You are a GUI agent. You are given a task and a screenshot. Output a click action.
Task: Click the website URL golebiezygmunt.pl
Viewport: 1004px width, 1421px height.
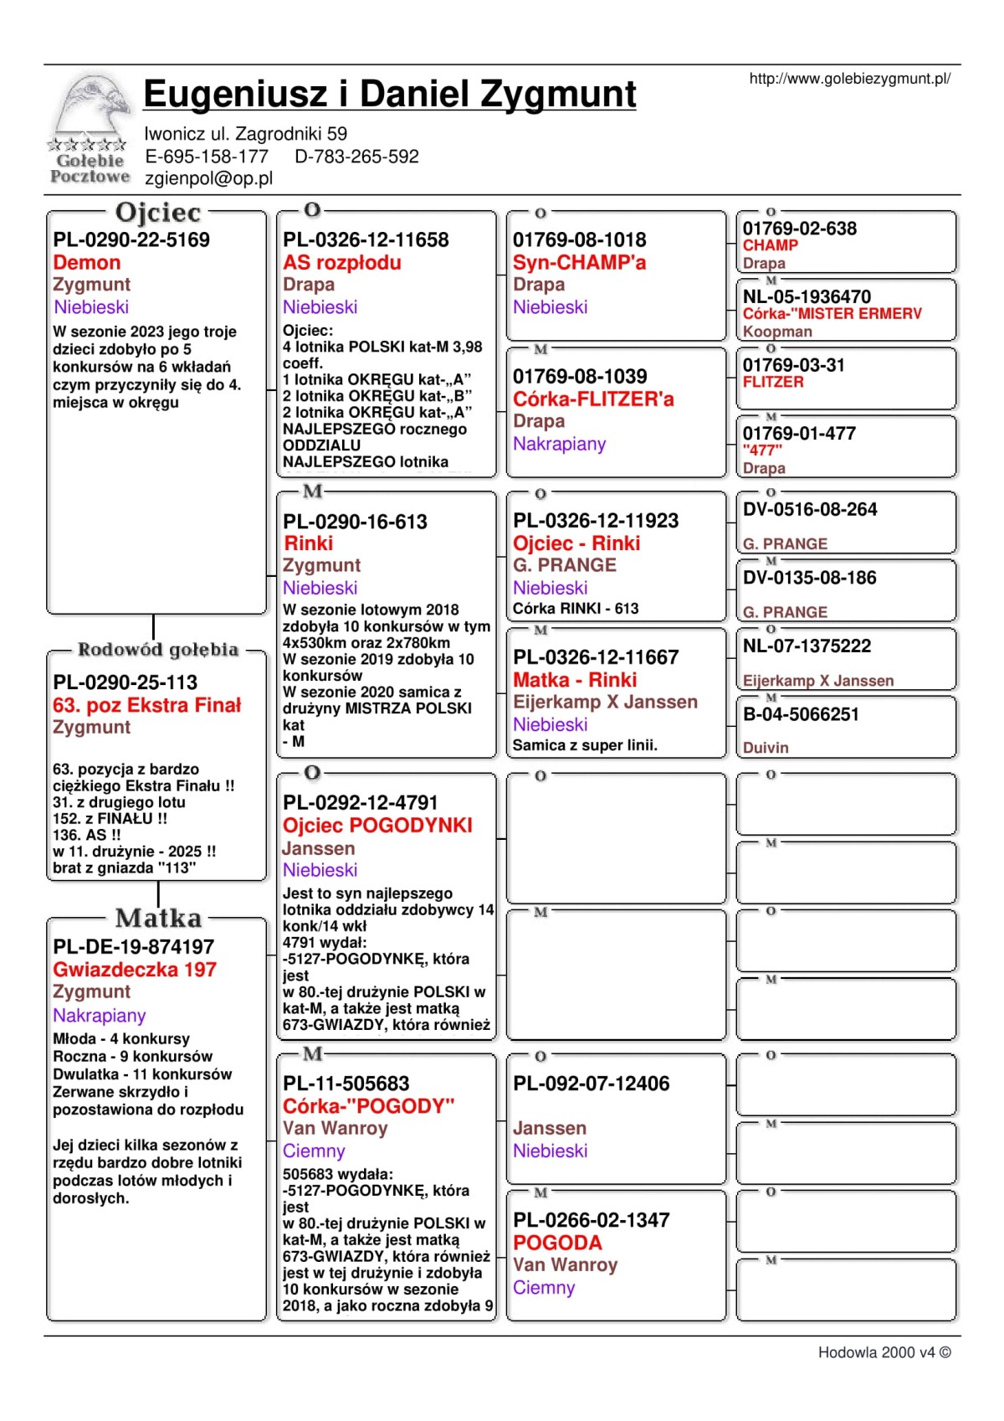(x=849, y=79)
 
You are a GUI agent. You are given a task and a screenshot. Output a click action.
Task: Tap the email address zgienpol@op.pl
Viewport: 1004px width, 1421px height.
(x=208, y=178)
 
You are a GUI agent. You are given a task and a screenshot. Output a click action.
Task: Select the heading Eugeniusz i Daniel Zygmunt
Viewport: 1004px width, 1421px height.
(x=390, y=94)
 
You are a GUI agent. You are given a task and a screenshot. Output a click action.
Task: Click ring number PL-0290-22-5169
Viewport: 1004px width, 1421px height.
(x=131, y=240)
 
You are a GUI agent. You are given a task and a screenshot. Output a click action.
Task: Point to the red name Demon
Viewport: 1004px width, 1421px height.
(x=87, y=263)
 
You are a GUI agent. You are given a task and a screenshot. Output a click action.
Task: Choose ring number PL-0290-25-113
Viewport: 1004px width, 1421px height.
(x=125, y=682)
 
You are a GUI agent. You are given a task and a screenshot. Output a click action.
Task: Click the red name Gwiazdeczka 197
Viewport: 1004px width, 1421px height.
(x=135, y=970)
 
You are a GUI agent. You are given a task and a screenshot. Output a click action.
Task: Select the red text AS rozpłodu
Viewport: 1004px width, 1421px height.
(x=342, y=263)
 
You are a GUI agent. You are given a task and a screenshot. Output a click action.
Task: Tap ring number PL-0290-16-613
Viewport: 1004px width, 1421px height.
(x=355, y=522)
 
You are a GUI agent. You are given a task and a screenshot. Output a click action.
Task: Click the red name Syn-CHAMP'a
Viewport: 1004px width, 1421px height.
(x=580, y=263)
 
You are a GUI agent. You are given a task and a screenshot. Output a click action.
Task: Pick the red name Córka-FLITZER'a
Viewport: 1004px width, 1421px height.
(x=593, y=399)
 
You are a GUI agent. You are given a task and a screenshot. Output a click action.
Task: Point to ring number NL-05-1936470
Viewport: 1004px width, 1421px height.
(x=807, y=297)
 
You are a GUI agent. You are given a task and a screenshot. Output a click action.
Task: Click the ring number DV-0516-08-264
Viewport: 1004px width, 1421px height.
(x=810, y=510)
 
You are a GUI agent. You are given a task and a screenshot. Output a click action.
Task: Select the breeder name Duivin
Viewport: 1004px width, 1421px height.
(x=766, y=748)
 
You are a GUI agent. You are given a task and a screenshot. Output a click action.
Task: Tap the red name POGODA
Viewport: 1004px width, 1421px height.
(x=557, y=1243)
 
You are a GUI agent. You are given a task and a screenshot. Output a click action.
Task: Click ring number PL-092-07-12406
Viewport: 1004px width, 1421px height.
(x=592, y=1084)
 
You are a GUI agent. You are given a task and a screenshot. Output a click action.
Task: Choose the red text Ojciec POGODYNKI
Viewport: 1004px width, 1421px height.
(x=377, y=826)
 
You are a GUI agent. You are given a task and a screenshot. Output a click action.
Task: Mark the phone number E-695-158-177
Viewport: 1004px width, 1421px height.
(x=207, y=157)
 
